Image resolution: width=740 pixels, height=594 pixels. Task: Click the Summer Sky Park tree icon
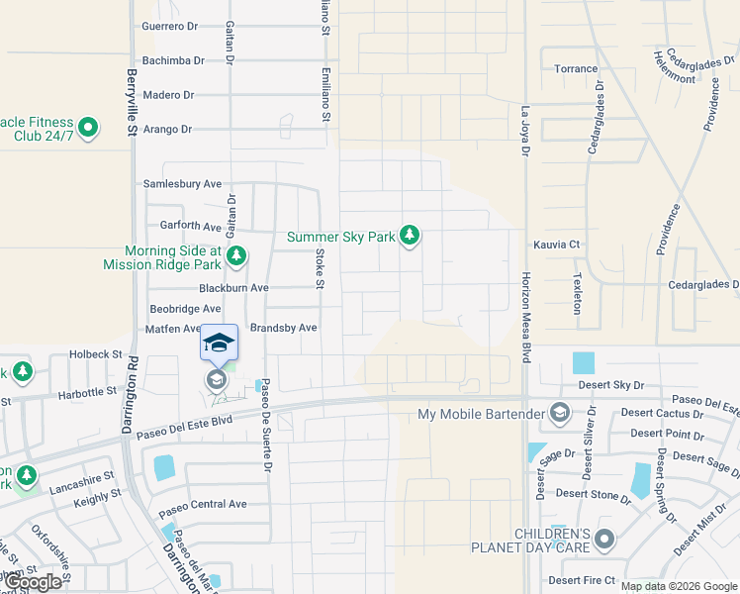click(x=410, y=237)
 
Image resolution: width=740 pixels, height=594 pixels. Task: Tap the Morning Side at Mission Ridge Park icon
click(x=235, y=257)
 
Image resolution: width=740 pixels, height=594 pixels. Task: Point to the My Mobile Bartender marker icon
click(x=559, y=413)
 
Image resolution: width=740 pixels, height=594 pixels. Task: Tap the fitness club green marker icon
click(x=88, y=128)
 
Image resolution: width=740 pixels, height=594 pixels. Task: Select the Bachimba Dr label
click(x=173, y=60)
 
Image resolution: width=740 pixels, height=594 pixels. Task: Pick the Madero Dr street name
click(x=168, y=95)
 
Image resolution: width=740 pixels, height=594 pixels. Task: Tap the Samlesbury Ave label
click(x=183, y=184)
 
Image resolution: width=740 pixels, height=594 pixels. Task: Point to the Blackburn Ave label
click(x=233, y=288)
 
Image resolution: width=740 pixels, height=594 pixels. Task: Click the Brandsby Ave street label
click(x=283, y=328)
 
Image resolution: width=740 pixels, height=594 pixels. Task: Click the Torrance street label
click(x=576, y=68)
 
